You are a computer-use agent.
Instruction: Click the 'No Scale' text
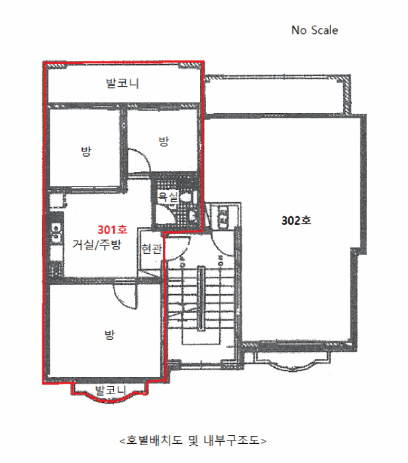(315, 30)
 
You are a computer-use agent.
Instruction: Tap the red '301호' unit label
(113, 230)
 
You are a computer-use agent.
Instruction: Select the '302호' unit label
(296, 220)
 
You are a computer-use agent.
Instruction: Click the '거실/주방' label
(97, 245)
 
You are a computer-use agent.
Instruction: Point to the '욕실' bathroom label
(168, 196)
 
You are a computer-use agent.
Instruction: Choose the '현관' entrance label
(152, 249)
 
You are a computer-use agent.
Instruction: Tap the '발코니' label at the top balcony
(123, 83)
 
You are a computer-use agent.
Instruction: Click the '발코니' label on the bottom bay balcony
(111, 390)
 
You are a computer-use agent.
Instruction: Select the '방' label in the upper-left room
(86, 151)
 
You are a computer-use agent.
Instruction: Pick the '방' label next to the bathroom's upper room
(164, 141)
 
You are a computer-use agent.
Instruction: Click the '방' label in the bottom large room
(109, 335)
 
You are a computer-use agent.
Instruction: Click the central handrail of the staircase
(201, 299)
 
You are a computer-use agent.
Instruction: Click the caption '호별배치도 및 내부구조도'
(193, 441)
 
